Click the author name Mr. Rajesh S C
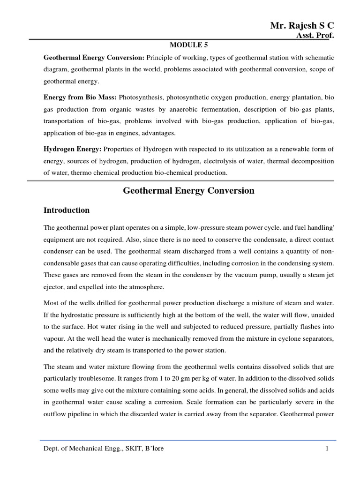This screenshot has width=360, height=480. pos(302,26)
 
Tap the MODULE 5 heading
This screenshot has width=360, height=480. pos(188,45)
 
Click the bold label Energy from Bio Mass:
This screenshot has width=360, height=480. pos(80,97)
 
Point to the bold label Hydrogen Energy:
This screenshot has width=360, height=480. pos(72,149)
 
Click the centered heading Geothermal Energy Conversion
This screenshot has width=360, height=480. pos(188,190)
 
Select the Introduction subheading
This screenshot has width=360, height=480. pos(67,210)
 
